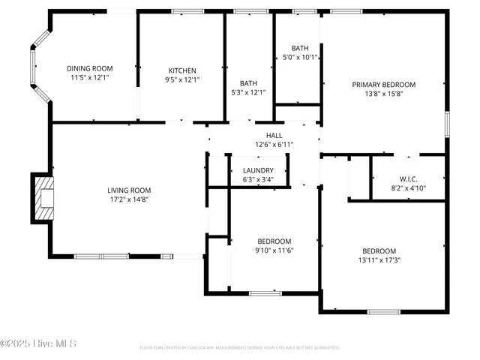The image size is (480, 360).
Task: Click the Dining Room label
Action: (x=89, y=67)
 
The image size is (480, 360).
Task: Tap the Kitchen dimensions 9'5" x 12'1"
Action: (x=182, y=79)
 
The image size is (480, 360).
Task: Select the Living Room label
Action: (x=129, y=190)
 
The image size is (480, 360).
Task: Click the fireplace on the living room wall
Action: (x=43, y=198)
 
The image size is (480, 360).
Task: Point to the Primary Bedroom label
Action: (x=383, y=85)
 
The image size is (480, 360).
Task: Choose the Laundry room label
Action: (x=258, y=171)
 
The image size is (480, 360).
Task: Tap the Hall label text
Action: (x=263, y=135)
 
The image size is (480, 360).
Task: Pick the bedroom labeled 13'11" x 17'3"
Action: (x=379, y=256)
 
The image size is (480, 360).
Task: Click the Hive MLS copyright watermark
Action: (x=39, y=344)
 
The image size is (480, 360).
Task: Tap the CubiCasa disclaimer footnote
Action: (x=240, y=348)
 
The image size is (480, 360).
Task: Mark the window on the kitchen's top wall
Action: (x=183, y=11)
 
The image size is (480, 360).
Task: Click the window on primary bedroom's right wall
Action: (x=446, y=124)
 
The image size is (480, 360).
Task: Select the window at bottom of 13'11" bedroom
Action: (x=383, y=311)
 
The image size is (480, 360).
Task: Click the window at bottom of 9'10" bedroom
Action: (x=265, y=292)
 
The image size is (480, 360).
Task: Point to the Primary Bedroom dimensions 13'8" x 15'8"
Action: (x=383, y=94)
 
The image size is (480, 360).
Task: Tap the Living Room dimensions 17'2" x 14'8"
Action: (x=129, y=199)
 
